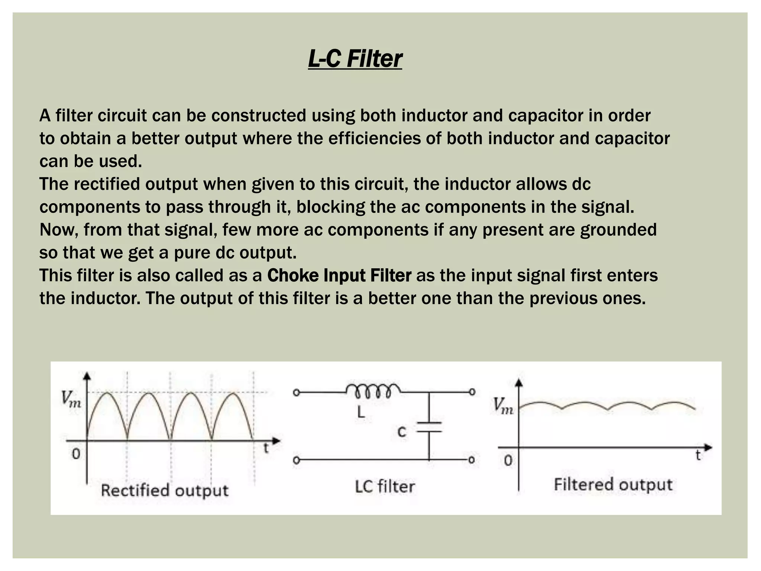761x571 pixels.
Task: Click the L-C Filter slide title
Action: (x=355, y=59)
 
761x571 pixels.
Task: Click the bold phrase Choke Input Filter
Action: (x=339, y=275)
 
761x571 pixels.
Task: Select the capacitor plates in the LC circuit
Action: (x=429, y=427)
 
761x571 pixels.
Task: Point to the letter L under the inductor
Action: (x=360, y=412)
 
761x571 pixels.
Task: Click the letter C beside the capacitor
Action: (x=402, y=432)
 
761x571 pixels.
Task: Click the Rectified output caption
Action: (x=165, y=490)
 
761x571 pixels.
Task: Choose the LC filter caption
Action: (x=385, y=486)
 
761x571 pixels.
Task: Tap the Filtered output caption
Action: (x=613, y=484)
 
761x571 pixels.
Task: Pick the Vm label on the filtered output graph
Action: (x=503, y=406)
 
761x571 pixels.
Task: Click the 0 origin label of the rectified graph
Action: (x=76, y=454)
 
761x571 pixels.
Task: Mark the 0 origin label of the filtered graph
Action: (x=508, y=461)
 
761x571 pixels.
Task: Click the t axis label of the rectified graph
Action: (x=266, y=448)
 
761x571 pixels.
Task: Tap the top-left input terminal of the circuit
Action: (x=296, y=393)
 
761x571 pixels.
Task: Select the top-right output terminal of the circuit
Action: (x=472, y=392)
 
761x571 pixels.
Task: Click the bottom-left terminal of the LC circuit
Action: (x=296, y=460)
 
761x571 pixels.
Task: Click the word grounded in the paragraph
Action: (x=618, y=230)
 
